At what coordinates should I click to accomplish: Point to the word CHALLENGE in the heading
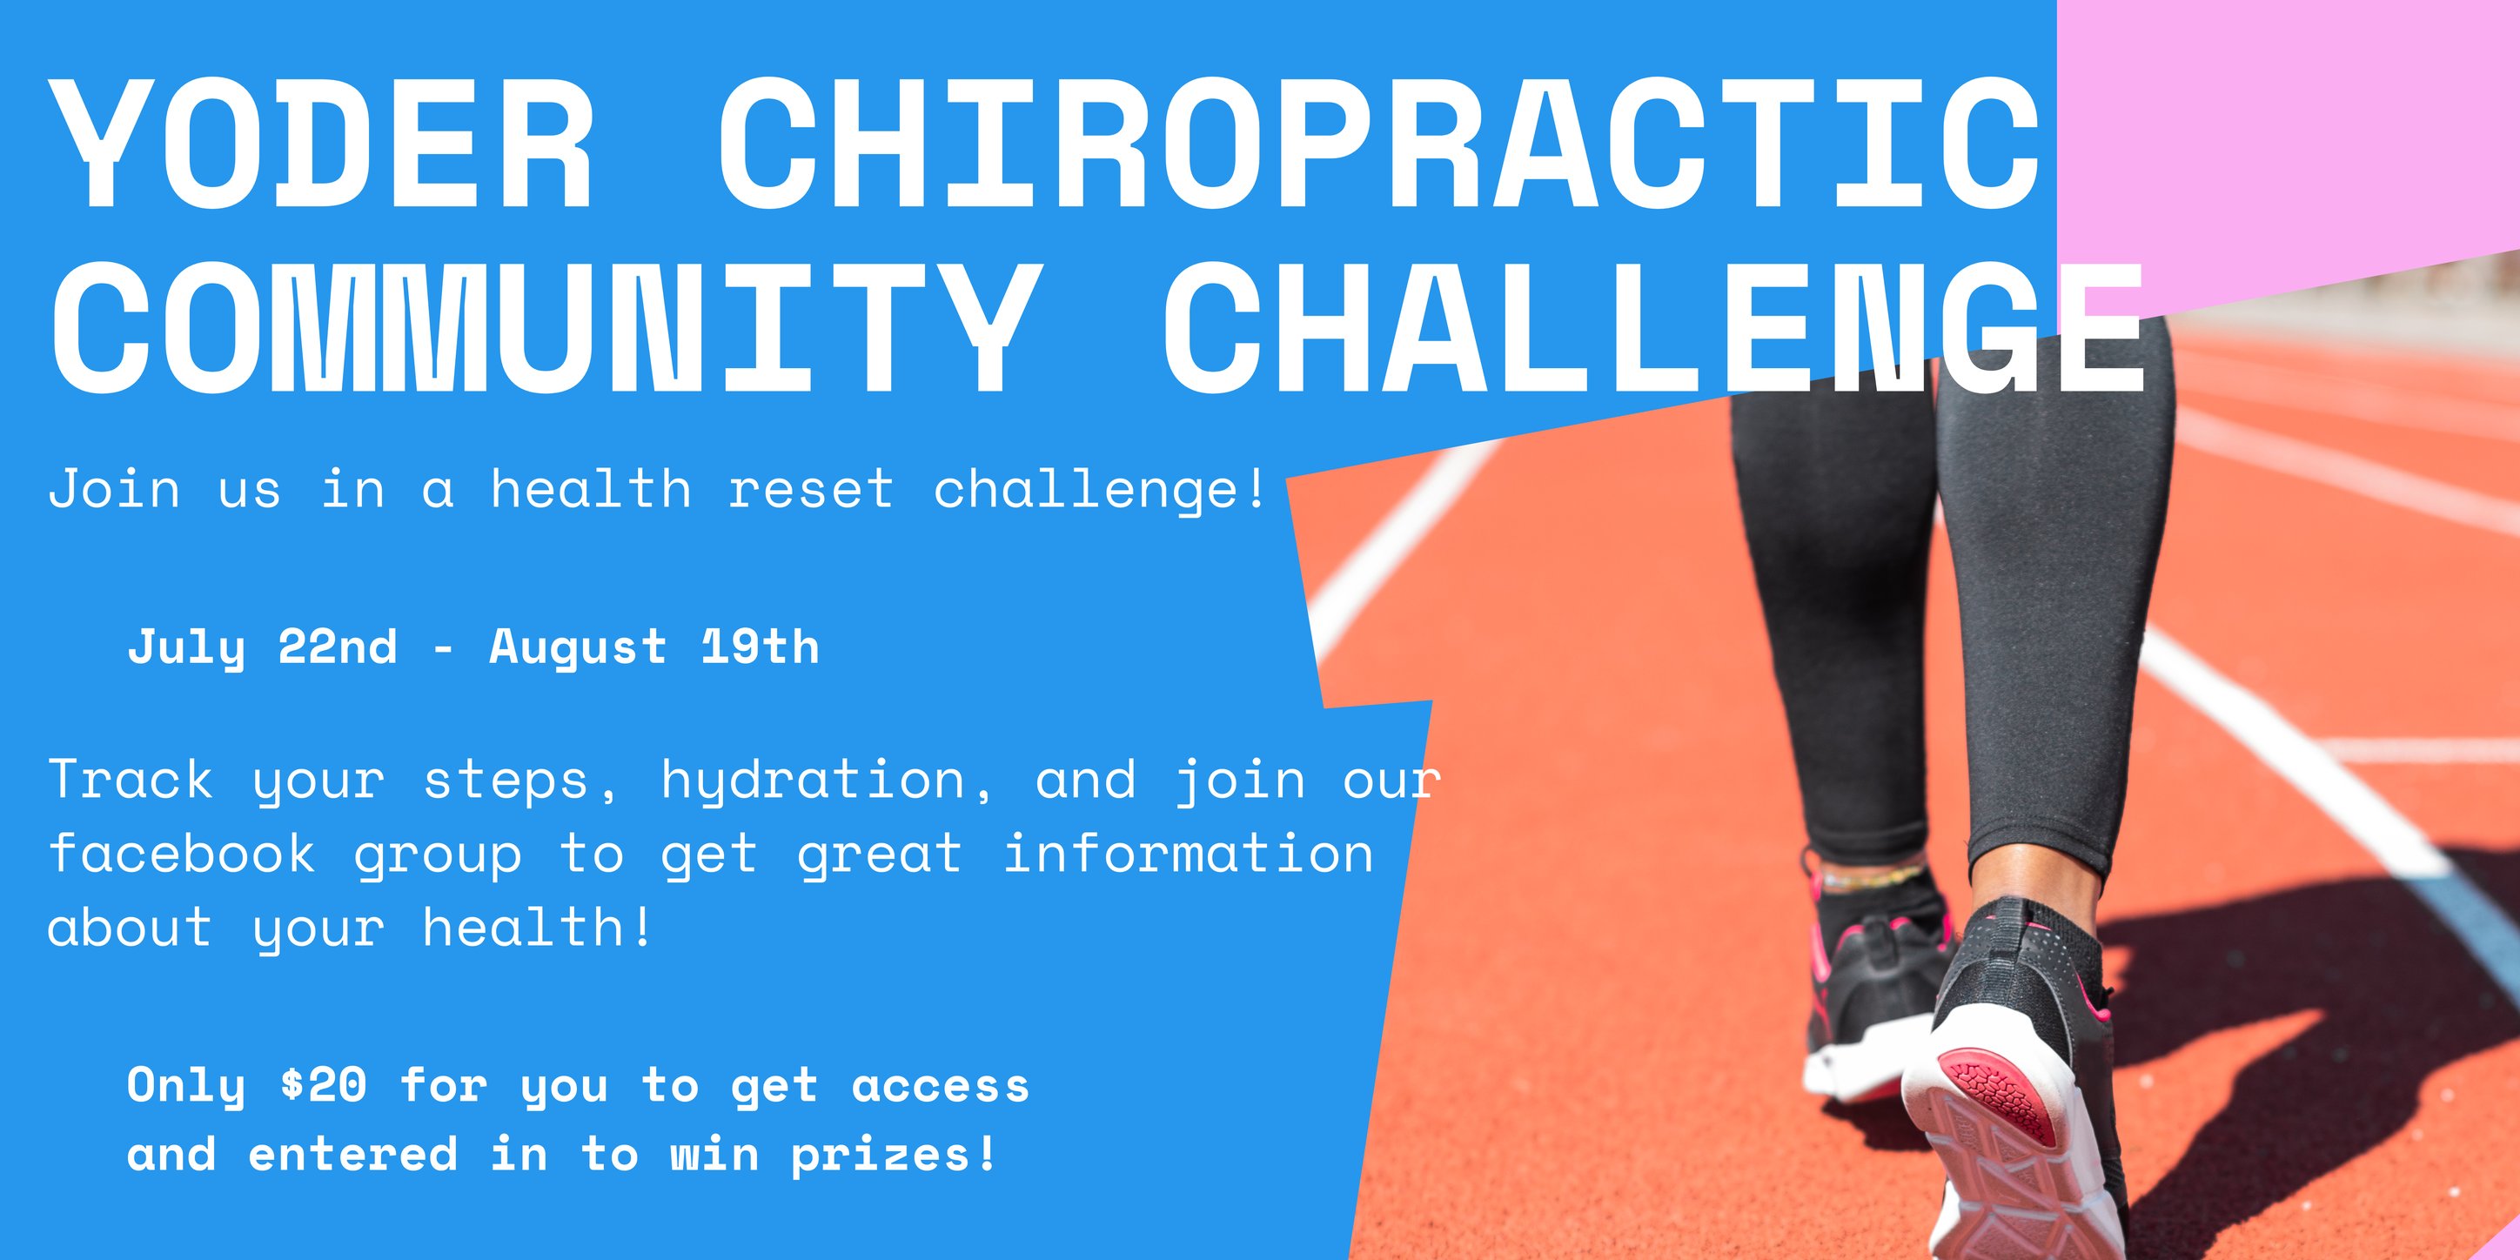(x=1653, y=328)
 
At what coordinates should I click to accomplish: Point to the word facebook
(x=182, y=853)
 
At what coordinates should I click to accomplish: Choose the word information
(x=1189, y=853)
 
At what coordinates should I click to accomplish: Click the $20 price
(x=324, y=1085)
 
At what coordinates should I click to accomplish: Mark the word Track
(x=131, y=780)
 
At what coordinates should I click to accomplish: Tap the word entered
(x=353, y=1155)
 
